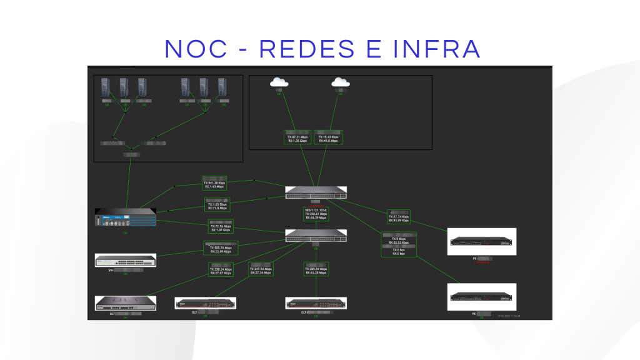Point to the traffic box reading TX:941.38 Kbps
[x=214, y=183]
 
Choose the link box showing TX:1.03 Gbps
[x=217, y=206]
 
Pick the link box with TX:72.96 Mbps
[x=220, y=227]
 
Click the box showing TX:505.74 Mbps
[x=221, y=248]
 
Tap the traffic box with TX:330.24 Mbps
[x=220, y=269]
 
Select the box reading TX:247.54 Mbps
[x=261, y=269]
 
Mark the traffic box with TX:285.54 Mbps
[x=316, y=269]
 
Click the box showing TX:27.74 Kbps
[x=399, y=217]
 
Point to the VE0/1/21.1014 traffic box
[x=316, y=214]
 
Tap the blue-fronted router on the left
[x=126, y=219]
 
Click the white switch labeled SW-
[x=126, y=260]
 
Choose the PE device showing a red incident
[x=482, y=241]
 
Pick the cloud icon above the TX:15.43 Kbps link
[x=340, y=82]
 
